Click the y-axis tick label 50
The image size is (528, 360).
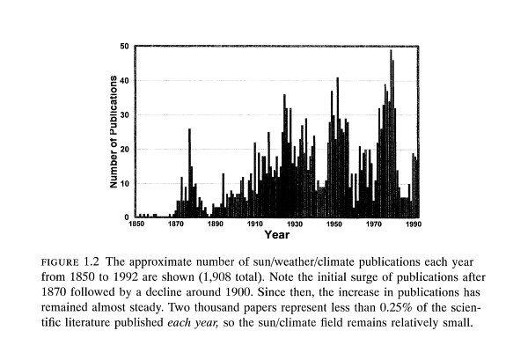pyautogui.click(x=124, y=46)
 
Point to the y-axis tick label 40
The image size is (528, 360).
pyautogui.click(x=124, y=80)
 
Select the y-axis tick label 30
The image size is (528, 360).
pyautogui.click(x=124, y=114)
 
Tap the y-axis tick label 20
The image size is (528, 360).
pyautogui.click(x=124, y=149)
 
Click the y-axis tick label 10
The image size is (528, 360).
pyautogui.click(x=124, y=183)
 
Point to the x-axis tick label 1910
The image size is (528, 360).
pyautogui.click(x=255, y=225)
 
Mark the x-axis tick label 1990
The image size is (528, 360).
pyautogui.click(x=413, y=225)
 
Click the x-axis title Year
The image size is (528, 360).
pyautogui.click(x=277, y=236)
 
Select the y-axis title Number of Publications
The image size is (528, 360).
pyautogui.click(x=114, y=132)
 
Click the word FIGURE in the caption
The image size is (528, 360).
pyautogui.click(x=61, y=263)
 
